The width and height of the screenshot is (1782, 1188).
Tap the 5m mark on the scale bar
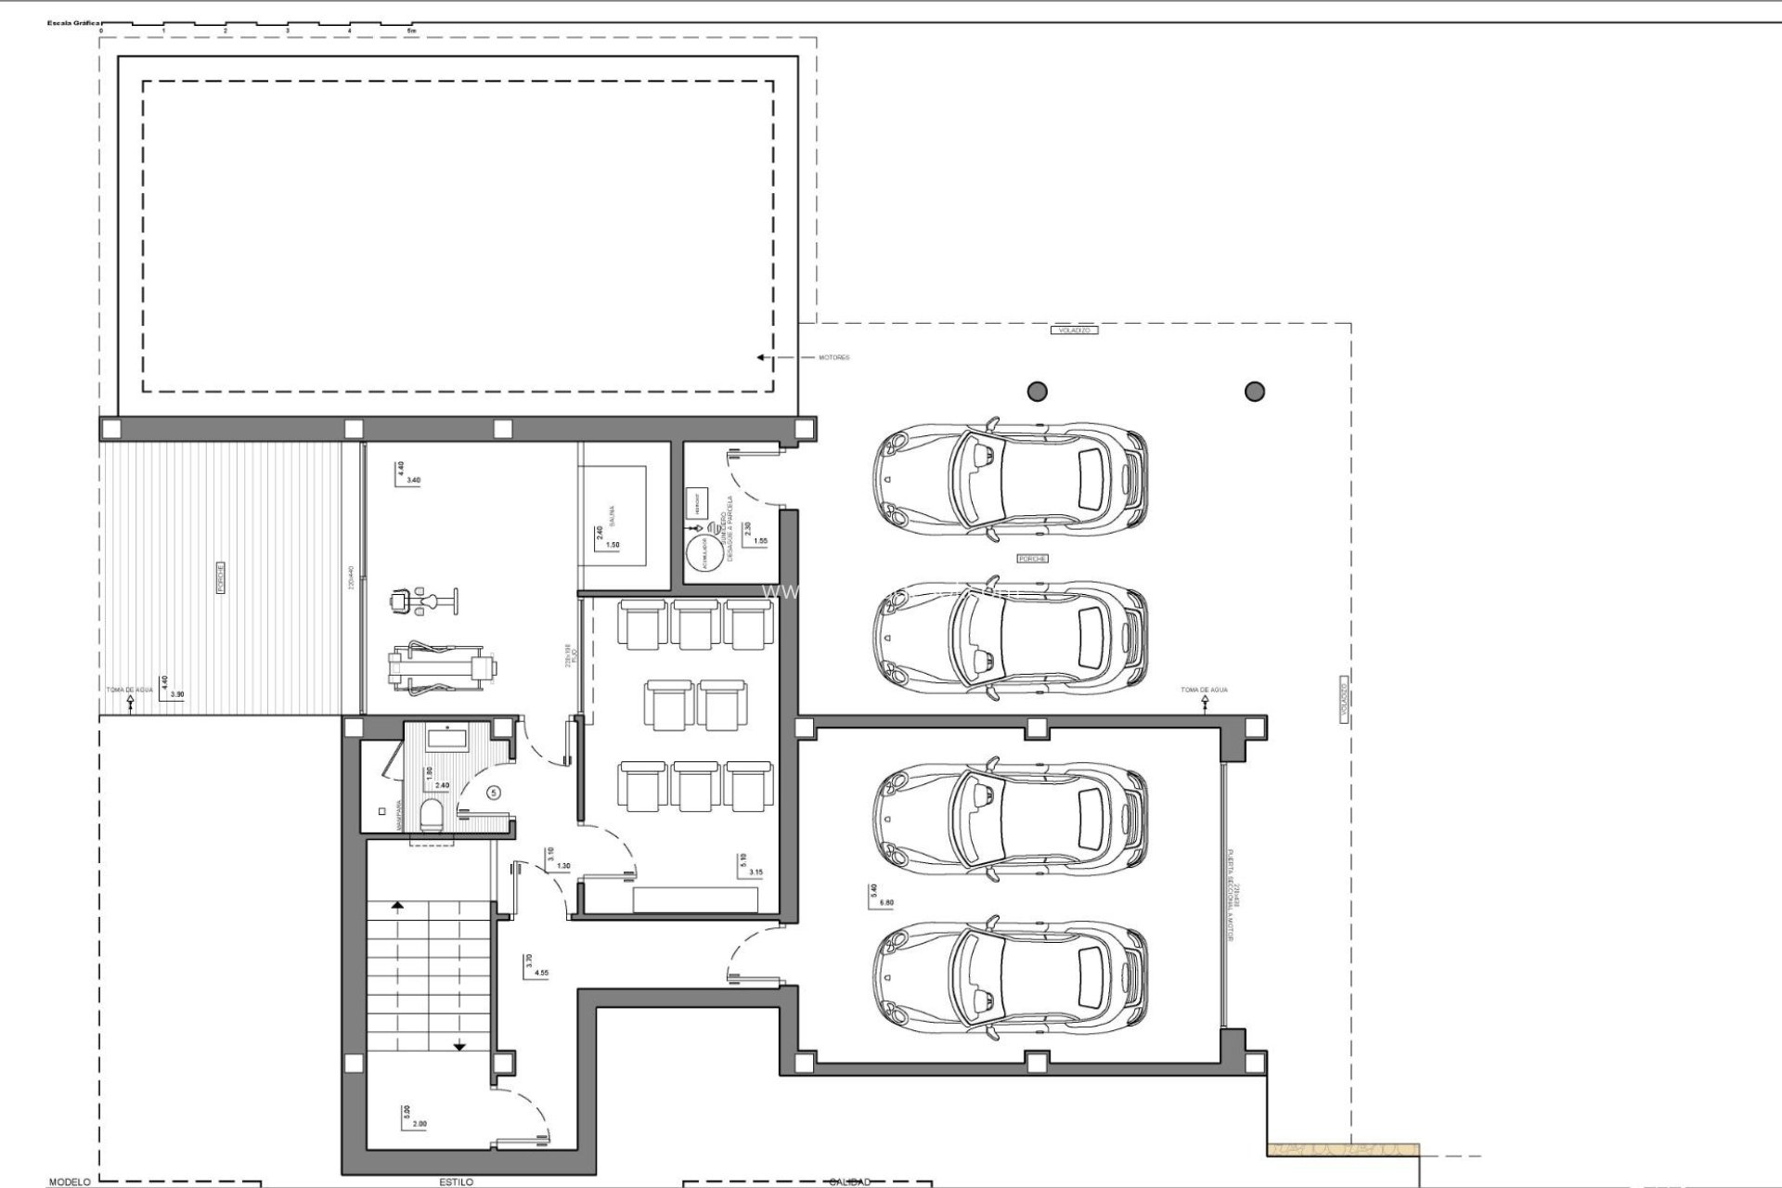tap(411, 31)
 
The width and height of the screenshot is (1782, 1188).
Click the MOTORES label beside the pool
tap(833, 357)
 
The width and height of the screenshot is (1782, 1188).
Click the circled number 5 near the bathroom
tap(494, 792)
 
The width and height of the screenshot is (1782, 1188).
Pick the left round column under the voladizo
tap(1037, 391)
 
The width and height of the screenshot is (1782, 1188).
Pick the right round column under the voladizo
tap(1254, 391)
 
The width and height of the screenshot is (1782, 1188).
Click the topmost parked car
tap(1009, 482)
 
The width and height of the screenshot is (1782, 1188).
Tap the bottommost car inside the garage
tap(1009, 979)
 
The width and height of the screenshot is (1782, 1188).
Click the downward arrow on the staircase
tap(459, 1047)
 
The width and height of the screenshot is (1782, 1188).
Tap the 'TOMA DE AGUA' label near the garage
tap(1204, 691)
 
